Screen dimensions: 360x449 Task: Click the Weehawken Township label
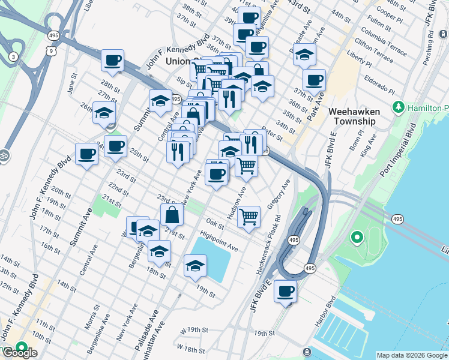click(x=352, y=116)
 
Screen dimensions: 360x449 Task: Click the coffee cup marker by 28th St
click(x=112, y=60)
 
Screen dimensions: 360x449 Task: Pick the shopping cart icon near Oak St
click(x=249, y=217)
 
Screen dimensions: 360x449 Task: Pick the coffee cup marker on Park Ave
click(x=313, y=80)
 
